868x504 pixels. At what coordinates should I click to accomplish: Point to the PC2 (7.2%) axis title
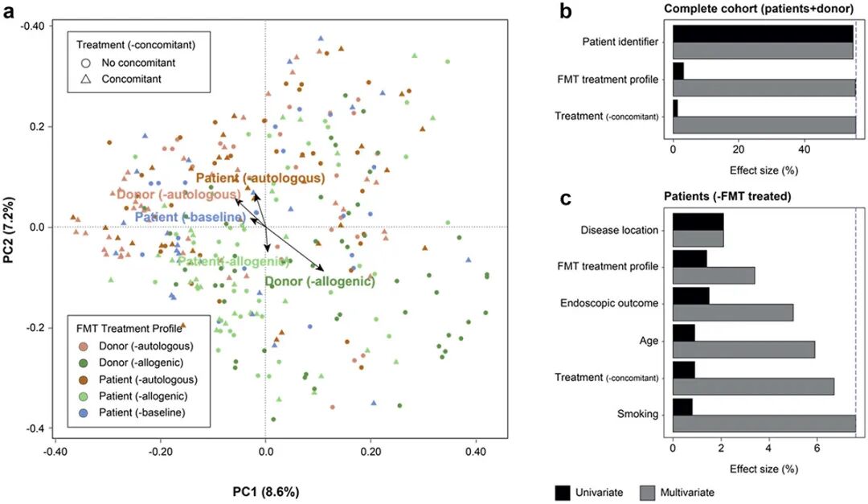(x=11, y=227)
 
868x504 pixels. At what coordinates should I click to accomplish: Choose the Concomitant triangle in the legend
(x=84, y=79)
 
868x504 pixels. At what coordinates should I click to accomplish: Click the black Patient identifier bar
(x=763, y=33)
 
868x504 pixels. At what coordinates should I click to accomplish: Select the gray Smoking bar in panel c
(x=764, y=424)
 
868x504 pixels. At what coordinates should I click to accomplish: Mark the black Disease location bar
(x=698, y=222)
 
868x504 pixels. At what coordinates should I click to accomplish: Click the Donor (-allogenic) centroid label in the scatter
(x=320, y=281)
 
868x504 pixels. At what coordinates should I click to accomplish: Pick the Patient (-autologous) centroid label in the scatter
(x=260, y=178)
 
